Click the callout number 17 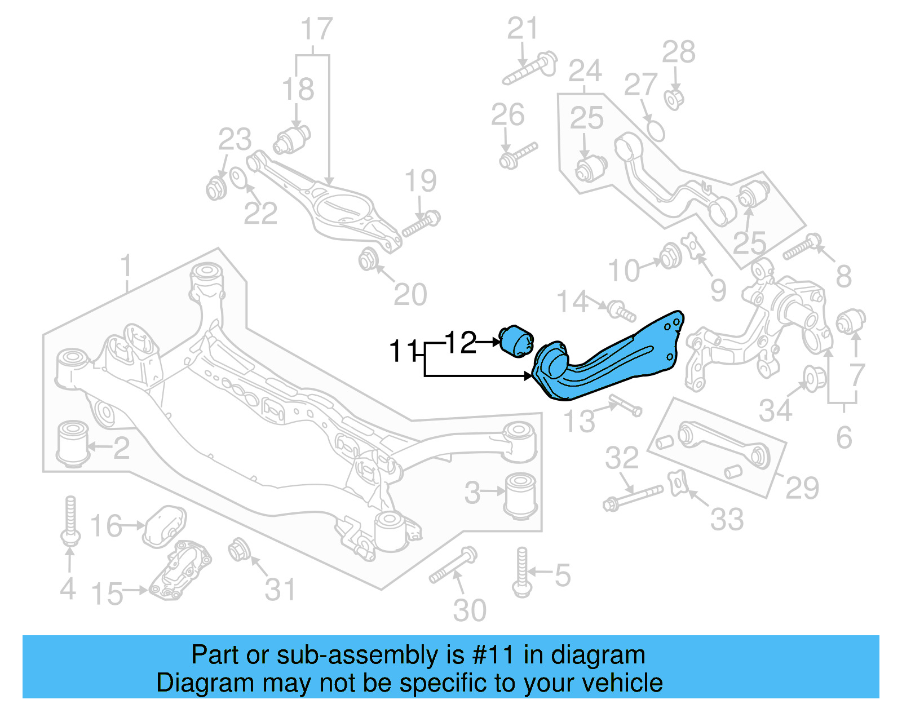[316, 29]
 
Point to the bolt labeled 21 [530, 68]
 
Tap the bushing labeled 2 [73, 444]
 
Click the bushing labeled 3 [521, 494]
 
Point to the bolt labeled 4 [70, 521]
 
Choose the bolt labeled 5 [522, 572]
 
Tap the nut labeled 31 [238, 549]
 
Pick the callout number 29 [802, 488]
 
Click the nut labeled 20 [368, 259]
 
